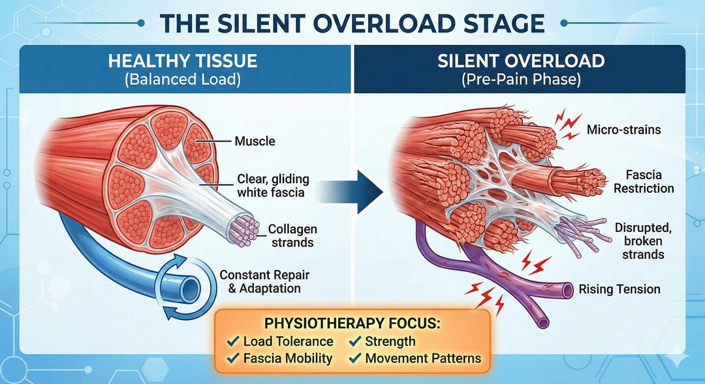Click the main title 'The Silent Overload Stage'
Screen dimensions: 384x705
352,23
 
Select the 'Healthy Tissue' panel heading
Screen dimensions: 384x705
182,62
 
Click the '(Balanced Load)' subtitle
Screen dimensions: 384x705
182,81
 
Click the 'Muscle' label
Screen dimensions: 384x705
255,141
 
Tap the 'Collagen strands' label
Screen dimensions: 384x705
292,236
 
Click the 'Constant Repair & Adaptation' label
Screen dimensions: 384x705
260,282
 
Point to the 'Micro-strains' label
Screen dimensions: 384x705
623,130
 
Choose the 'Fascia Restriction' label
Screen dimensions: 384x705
643,182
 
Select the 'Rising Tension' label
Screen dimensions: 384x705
619,289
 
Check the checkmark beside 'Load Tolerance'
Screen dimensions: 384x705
232,342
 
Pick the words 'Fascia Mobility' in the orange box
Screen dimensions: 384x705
288,358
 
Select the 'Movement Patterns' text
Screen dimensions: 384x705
423,358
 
